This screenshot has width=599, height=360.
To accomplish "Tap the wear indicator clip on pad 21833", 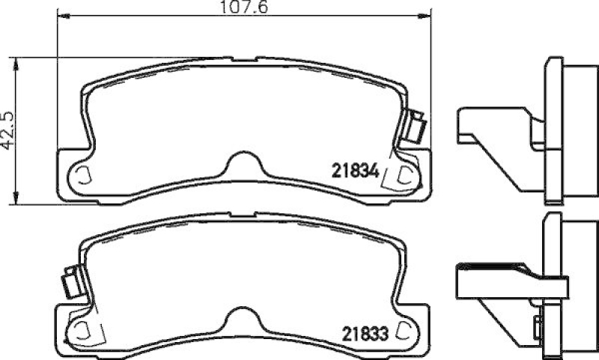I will pyautogui.click(x=73, y=281).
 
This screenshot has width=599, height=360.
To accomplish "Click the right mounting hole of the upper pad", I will pyautogui.click(x=407, y=174).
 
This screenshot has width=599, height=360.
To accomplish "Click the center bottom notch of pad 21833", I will pyautogui.click(x=244, y=317).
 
